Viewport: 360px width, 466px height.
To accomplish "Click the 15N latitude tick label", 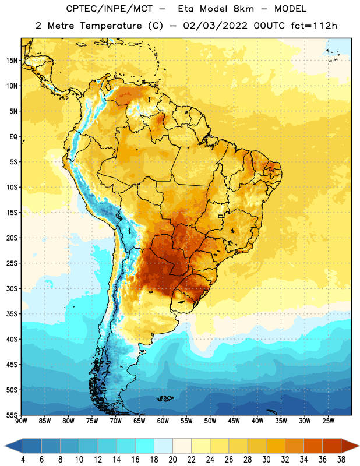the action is pyautogui.click(x=12, y=61).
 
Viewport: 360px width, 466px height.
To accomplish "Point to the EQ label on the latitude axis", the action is pyautogui.click(x=13, y=137).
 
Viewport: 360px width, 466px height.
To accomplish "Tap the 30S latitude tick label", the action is pyautogui.click(x=12, y=288).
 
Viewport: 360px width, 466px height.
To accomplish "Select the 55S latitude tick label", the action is pyautogui.click(x=12, y=415).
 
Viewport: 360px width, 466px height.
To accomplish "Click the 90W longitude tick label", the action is pyautogui.click(x=21, y=421).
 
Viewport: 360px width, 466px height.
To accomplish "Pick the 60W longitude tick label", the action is pyautogui.click(x=163, y=421).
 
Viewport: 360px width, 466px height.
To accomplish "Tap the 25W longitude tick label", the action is pyautogui.click(x=328, y=421).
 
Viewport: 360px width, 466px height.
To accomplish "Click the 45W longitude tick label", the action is pyautogui.click(x=234, y=421).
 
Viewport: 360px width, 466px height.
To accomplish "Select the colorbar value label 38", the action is pyautogui.click(x=341, y=460).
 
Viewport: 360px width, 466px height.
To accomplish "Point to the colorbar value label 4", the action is pyautogui.click(x=23, y=460).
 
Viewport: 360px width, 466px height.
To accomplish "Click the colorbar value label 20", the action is pyautogui.click(x=172, y=460).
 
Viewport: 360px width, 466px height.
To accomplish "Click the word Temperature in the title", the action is pyautogui.click(x=111, y=26).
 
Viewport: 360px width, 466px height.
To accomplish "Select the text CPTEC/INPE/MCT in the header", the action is pyautogui.click(x=109, y=9).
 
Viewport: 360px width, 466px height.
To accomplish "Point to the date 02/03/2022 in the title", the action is pyautogui.click(x=215, y=26).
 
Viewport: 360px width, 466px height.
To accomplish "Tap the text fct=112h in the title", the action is pyautogui.click(x=314, y=26).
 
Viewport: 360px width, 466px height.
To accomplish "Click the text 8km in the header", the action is pyautogui.click(x=243, y=9).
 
